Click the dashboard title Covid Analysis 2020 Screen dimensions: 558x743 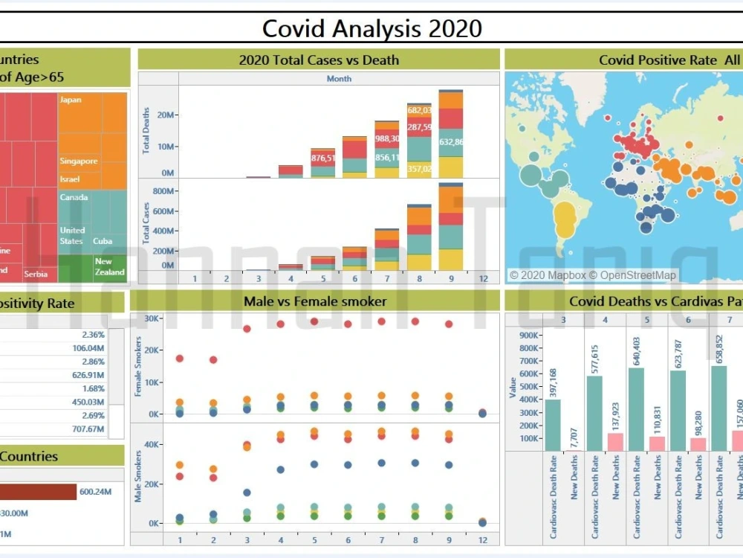371,28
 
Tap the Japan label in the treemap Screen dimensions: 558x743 71,100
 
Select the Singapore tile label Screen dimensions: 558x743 79,161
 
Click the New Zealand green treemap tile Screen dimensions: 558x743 109,269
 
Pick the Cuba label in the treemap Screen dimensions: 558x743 103,242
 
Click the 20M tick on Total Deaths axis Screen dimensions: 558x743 164,115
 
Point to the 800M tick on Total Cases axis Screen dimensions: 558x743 161,190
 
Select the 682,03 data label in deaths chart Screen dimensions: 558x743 419,111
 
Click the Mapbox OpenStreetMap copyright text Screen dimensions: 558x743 592,275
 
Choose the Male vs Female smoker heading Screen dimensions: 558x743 315,301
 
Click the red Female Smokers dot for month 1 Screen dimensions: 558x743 179,359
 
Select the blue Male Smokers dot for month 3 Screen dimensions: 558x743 246,493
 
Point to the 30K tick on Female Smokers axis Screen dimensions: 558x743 152,319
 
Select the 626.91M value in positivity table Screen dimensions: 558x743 88,375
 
